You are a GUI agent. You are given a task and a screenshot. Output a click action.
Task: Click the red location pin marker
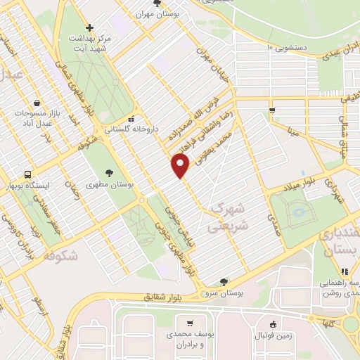click(181, 166)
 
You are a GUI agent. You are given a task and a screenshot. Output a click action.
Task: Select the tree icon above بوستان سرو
click(224, 281)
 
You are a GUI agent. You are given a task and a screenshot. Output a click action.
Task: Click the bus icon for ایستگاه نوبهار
click(27, 174)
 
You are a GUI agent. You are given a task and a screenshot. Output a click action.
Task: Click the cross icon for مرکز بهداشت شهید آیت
click(89, 27)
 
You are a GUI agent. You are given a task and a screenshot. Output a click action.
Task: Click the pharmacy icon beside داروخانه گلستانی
click(131, 119)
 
